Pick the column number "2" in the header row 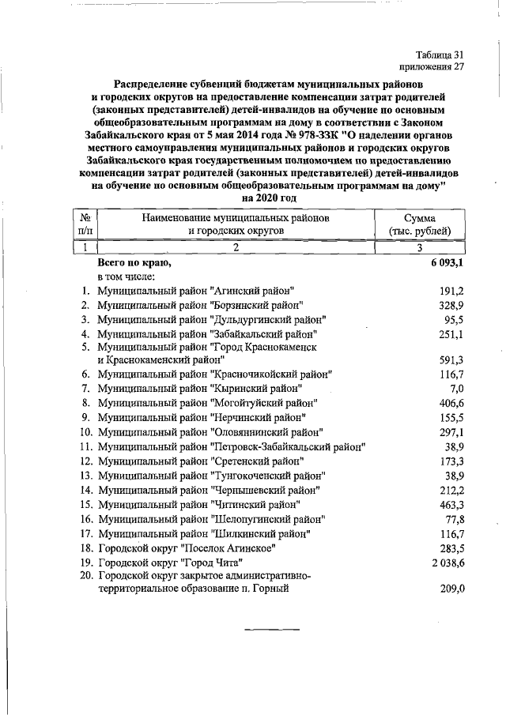tap(236, 247)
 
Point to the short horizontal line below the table tap(268, 630)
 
